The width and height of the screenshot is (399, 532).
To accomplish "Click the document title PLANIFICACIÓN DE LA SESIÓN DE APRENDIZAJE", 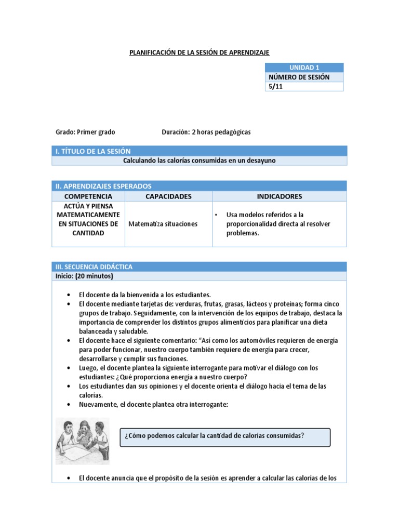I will point(199,52).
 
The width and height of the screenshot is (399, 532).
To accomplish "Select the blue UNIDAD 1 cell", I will point(304,68).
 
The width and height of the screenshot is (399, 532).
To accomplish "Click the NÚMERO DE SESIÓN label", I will point(299,77).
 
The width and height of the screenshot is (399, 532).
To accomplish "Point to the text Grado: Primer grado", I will point(85,132).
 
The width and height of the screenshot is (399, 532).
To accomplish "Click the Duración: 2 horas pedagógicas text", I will point(206,132).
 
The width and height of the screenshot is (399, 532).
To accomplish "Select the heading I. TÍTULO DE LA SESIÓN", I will point(93,151).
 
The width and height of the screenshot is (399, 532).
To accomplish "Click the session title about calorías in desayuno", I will point(199,161).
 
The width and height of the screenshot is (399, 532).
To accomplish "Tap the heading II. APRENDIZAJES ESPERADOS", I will point(103,186).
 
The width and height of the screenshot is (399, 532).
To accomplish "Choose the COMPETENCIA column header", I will point(88,196).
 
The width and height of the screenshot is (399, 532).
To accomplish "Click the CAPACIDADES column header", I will point(168,196).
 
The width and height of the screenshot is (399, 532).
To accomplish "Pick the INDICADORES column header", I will point(280,196).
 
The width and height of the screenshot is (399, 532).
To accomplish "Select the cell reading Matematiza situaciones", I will point(163,224).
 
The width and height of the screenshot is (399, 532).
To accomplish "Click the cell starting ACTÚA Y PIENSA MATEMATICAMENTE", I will point(88,219).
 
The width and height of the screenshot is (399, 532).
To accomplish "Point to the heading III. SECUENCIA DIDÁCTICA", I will point(94,267).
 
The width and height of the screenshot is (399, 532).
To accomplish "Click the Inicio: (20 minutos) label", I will point(84,276).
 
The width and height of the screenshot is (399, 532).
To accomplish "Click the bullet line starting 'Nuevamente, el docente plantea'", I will point(153,405).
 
